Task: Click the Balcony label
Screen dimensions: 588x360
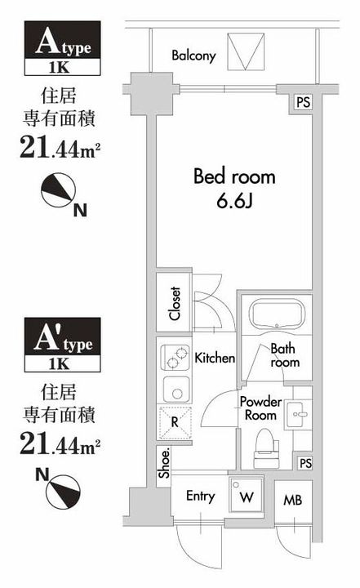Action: tap(193, 56)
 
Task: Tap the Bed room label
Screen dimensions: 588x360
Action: tap(233, 176)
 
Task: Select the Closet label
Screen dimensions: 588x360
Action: tap(175, 303)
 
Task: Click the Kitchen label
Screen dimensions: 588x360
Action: tap(215, 358)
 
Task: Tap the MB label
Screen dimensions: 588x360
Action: tap(291, 498)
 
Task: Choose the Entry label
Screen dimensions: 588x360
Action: tap(200, 497)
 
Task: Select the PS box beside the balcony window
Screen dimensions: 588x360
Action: tap(303, 102)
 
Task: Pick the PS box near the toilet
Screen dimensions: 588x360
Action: tap(304, 464)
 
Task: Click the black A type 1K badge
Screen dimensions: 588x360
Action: tap(60, 48)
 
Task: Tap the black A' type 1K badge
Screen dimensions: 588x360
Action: tap(60, 341)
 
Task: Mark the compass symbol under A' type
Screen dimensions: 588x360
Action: tap(60, 488)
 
